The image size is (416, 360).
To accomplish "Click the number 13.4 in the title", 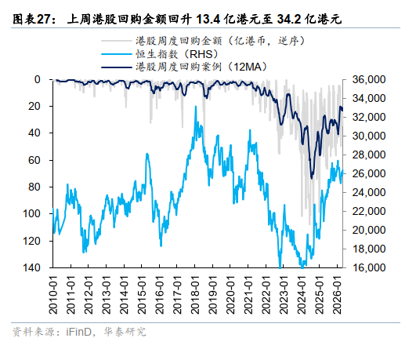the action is pyautogui.click(x=208, y=19).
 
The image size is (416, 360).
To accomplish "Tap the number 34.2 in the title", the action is pyautogui.click(x=289, y=19).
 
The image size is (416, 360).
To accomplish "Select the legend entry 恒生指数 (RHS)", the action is pyautogui.click(x=177, y=54).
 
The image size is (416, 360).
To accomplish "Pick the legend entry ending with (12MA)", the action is pyautogui.click(x=201, y=67).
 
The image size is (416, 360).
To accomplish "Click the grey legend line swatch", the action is pyautogui.click(x=116, y=41).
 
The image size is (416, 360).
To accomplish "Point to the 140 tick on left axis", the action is pyautogui.click(x=31, y=267).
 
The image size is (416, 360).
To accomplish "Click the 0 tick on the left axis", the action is pyautogui.click(x=38, y=79).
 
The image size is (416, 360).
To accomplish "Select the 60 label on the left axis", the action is pyautogui.click(x=34, y=160).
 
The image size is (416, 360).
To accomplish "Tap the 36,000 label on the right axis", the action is pyautogui.click(x=369, y=79).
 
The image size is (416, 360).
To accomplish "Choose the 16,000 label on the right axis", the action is pyautogui.click(x=369, y=267).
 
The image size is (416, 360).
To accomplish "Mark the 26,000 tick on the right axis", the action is pyautogui.click(x=369, y=173).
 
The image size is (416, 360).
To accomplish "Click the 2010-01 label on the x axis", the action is pyautogui.click(x=53, y=294).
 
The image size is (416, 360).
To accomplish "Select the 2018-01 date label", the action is pyautogui.click(x=195, y=294).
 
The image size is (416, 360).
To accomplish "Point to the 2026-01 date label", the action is pyautogui.click(x=337, y=294).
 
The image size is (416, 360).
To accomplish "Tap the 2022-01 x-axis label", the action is pyautogui.click(x=266, y=294).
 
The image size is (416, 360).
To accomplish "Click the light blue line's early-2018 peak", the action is pyautogui.click(x=196, y=106).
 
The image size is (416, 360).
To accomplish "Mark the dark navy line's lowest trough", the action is pyautogui.click(x=312, y=177).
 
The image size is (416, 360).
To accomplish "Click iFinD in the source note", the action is pyautogui.click(x=79, y=332).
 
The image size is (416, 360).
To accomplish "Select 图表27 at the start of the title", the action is pyautogui.click(x=31, y=19).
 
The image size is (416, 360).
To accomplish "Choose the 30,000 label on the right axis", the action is pyautogui.click(x=369, y=136).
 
